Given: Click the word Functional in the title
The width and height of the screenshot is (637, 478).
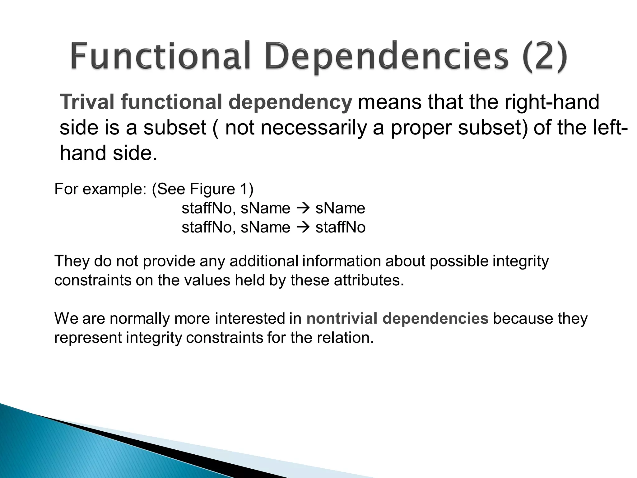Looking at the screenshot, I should pyautogui.click(x=160, y=56).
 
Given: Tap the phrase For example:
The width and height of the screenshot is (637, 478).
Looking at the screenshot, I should pyautogui.click(x=100, y=189).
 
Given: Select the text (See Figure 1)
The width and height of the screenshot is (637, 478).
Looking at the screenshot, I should pyautogui.click(x=202, y=189).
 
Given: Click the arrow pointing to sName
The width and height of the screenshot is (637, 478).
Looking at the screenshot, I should pyautogui.click(x=303, y=208).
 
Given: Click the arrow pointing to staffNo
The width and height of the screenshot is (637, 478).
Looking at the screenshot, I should pyautogui.click(x=303, y=227).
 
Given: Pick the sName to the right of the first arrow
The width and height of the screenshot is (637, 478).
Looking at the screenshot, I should pyautogui.click(x=340, y=208).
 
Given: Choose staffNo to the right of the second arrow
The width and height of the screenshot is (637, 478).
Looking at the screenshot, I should pyautogui.click(x=340, y=227).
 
